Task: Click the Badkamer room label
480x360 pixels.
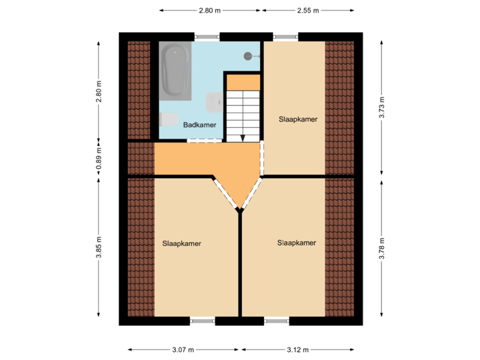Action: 199,124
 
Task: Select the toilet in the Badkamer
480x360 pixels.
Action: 168,121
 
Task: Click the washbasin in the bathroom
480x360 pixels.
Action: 214,102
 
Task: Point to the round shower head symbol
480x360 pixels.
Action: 249,56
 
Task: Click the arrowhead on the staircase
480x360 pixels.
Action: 243,138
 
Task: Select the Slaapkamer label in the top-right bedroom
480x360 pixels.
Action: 298,119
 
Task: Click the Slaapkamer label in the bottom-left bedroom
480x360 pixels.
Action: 181,243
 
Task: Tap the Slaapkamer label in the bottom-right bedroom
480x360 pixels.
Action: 297,243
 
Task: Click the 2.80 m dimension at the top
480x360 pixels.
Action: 209,10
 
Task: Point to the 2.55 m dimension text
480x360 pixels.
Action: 307,10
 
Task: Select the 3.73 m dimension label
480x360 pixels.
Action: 382,107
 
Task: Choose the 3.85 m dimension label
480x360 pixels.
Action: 99,247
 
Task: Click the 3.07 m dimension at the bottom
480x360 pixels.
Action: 183,349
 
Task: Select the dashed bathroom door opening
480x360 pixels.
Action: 204,140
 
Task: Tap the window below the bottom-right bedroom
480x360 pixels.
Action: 277,321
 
